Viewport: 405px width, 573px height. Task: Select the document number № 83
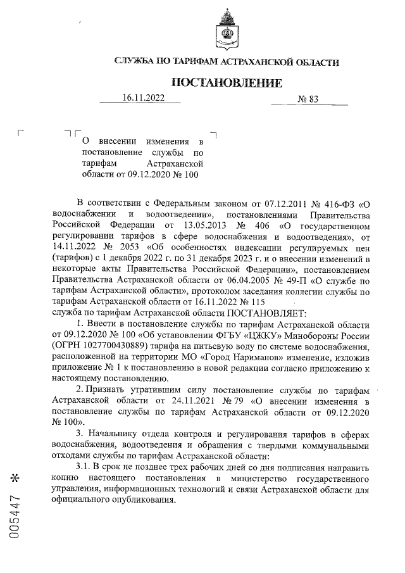pyautogui.click(x=308, y=99)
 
